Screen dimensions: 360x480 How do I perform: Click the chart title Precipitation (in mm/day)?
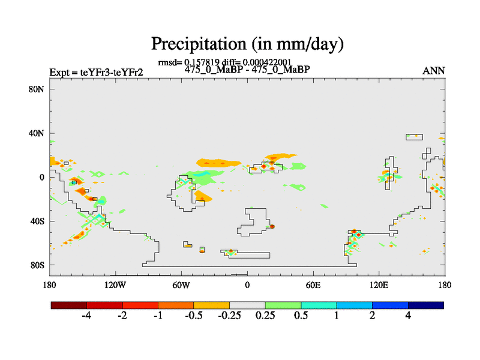[x=247, y=44]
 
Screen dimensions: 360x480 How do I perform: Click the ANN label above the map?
[x=434, y=71]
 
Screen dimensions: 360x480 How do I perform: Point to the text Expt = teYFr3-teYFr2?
[x=96, y=73]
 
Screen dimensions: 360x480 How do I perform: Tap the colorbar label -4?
[x=86, y=316]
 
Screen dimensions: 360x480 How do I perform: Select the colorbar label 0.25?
[x=265, y=316]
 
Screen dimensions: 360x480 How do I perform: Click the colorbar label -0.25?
[x=229, y=316]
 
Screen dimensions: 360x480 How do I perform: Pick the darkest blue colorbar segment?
[x=425, y=305]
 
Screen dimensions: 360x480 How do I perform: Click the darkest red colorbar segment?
[x=68, y=305]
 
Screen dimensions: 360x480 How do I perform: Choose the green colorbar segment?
[x=283, y=305]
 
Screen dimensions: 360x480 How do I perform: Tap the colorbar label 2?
[x=372, y=316]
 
